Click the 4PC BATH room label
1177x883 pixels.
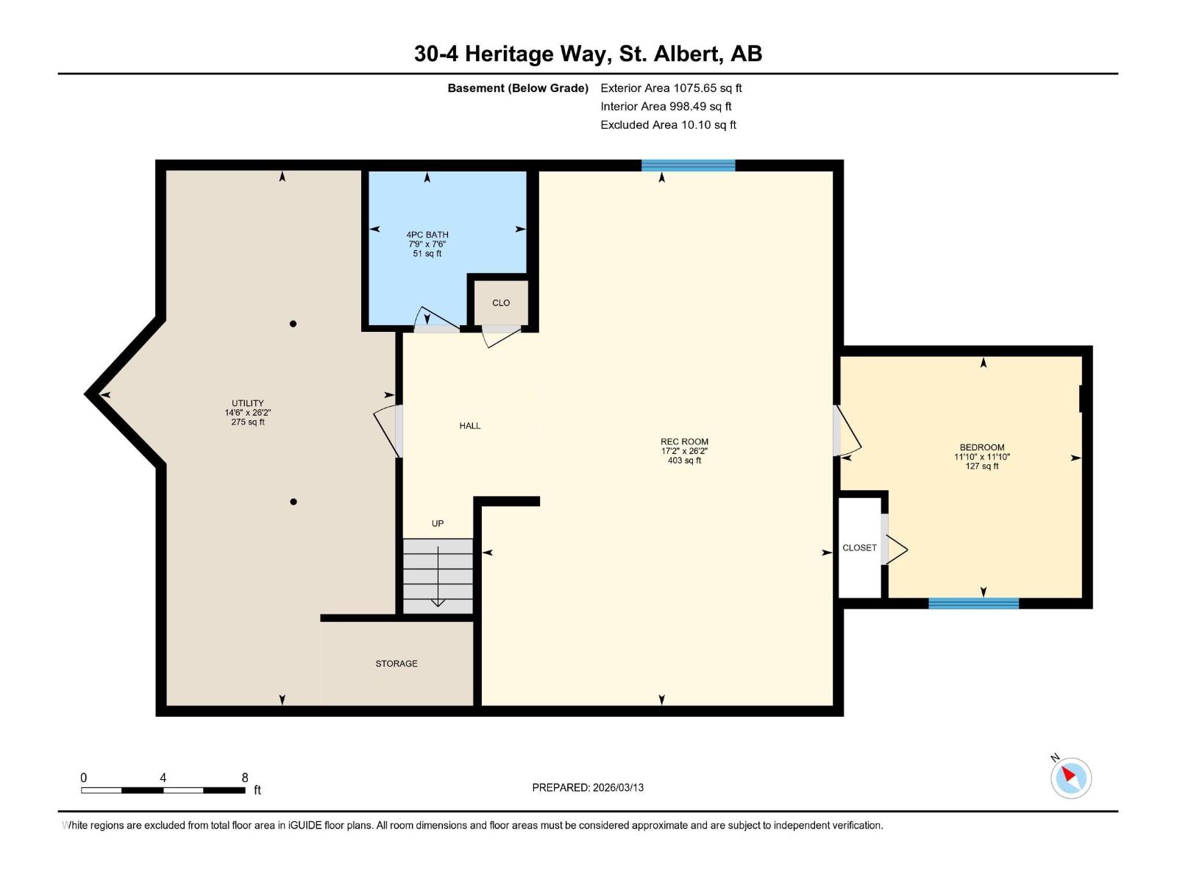point(427,235)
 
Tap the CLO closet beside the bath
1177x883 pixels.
point(501,302)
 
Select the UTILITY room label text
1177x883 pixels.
point(248,403)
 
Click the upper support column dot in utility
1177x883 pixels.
point(293,324)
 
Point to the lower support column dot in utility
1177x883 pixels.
point(294,502)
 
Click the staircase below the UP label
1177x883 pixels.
point(438,575)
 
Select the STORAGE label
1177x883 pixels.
point(397,664)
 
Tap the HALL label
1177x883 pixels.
point(470,425)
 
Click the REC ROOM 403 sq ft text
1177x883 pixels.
point(684,461)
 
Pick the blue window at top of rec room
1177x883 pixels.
point(688,166)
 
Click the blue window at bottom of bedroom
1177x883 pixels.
point(973,603)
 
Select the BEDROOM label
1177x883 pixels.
point(982,447)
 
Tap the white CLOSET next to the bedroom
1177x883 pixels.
point(859,547)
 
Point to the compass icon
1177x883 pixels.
point(1071,778)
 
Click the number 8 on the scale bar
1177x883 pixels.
point(245,778)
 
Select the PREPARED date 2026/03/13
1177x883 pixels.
point(618,787)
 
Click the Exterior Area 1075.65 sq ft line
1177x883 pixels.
point(671,88)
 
